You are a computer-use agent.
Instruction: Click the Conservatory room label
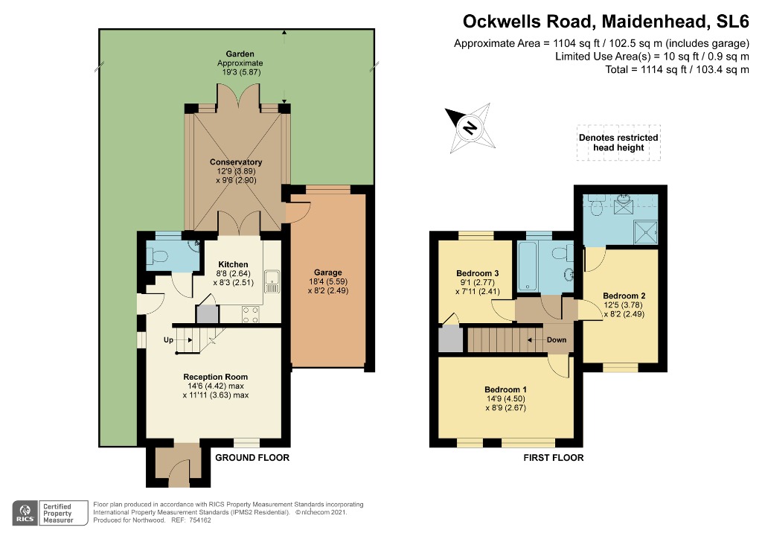[x=236, y=162]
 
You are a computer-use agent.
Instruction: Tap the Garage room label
[x=328, y=272]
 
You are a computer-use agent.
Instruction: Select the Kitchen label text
[x=233, y=264]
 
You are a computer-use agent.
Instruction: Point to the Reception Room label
[x=216, y=377]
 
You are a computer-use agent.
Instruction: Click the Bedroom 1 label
[x=505, y=389]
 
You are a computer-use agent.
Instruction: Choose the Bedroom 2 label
[x=624, y=296]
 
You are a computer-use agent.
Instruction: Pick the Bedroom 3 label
[x=478, y=273]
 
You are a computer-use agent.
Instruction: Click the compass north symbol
[x=470, y=128]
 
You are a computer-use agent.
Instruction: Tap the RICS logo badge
[x=25, y=513]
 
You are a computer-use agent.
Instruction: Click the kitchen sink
[x=272, y=281]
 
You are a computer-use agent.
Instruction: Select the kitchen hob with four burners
[x=250, y=314]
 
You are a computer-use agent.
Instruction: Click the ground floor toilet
[x=158, y=255]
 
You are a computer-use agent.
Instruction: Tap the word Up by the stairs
[x=168, y=339]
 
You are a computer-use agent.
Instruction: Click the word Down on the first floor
[x=557, y=339]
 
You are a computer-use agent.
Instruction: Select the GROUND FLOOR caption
[x=252, y=457]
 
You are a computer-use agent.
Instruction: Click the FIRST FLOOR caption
[x=554, y=457]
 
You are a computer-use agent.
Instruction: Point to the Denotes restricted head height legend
[x=618, y=142]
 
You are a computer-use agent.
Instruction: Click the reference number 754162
[x=199, y=520]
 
